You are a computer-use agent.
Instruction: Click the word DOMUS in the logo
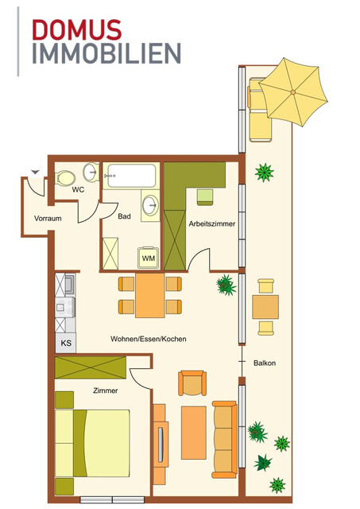[77, 30]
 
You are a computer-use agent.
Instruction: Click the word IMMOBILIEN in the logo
[106, 54]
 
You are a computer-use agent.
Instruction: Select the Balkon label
[265, 363]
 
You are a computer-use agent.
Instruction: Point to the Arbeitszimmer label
[212, 224]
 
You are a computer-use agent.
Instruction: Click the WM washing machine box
[148, 258]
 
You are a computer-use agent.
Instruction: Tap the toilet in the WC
[67, 176]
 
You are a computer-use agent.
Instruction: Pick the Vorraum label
[37, 218]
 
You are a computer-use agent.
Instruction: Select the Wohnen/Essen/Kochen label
[149, 339]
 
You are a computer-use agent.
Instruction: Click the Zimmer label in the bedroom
[105, 390]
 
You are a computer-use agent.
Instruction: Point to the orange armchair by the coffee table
[194, 384]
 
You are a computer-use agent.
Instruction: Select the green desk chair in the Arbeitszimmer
[206, 196]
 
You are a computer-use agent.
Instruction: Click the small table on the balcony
[265, 307]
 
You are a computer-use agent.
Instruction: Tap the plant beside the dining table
[226, 284]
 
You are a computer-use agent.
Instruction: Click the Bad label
[124, 216]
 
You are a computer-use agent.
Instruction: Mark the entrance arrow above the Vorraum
[34, 171]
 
